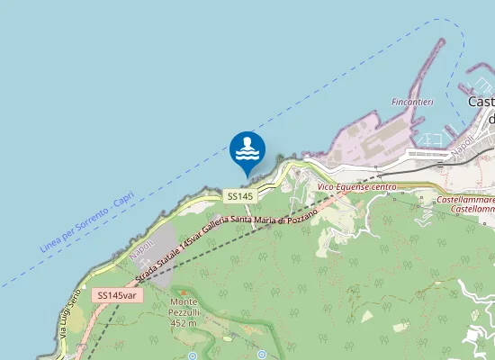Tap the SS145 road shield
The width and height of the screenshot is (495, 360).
click(x=240, y=195)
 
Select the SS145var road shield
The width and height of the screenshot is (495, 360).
click(x=118, y=295)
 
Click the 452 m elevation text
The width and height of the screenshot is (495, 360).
click(x=183, y=322)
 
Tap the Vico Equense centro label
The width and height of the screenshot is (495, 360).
click(x=357, y=187)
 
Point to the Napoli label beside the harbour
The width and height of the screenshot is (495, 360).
click(x=463, y=144)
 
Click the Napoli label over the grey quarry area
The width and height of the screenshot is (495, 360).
click(x=137, y=249)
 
